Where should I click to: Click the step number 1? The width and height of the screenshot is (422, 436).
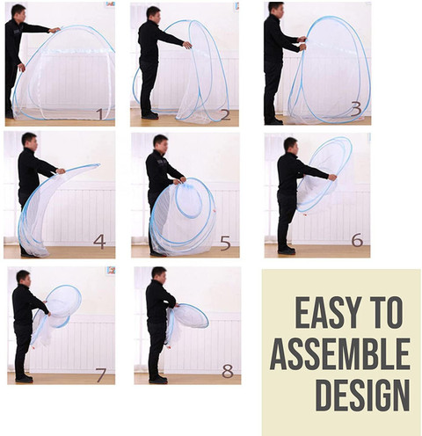tap(100, 114)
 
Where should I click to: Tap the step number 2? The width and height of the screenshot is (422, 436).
tap(225, 115)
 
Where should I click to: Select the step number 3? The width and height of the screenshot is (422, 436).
tap(356, 109)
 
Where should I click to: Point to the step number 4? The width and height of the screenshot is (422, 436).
tap(99, 242)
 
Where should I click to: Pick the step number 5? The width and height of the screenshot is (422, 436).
tap(225, 243)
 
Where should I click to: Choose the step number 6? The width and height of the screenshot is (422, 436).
tap(357, 240)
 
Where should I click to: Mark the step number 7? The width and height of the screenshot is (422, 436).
tap(101, 374)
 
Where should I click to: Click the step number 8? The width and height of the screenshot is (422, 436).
tap(228, 371)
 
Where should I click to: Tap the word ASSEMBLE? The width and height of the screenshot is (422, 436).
tap(340, 354)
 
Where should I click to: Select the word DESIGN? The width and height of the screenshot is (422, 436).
tap(362, 396)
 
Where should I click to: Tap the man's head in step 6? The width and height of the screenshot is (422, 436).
tap(290, 145)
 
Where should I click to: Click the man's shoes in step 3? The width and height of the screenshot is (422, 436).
tap(273, 121)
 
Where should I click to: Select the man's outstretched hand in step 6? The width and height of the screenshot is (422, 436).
tap(332, 177)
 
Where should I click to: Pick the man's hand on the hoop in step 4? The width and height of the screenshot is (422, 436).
tap(61, 171)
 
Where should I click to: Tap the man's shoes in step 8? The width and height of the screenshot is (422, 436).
tap(158, 380)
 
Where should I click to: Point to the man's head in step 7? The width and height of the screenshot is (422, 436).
tap(23, 278)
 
